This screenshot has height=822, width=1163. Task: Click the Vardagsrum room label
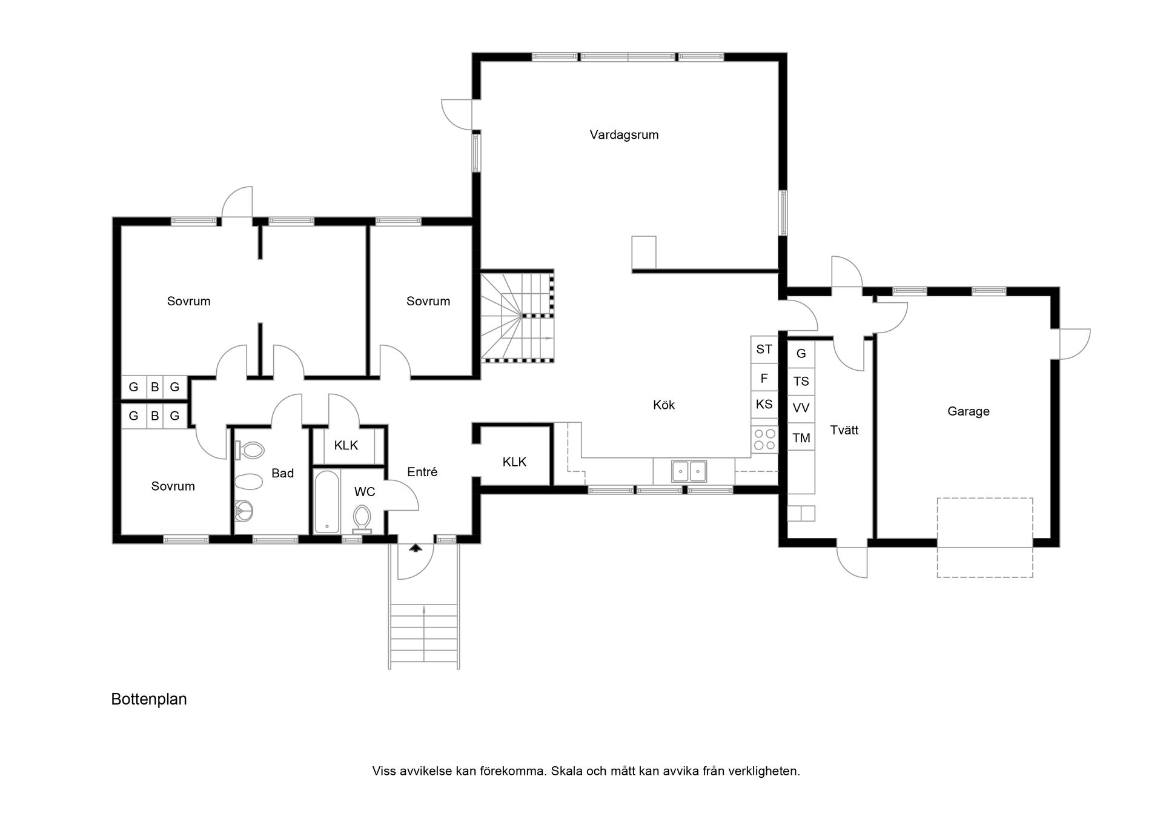point(624,135)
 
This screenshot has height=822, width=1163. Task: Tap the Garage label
point(968,411)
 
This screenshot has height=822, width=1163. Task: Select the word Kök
point(663,405)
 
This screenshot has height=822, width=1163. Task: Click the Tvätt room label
point(844,430)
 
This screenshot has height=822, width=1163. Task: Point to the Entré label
point(422,472)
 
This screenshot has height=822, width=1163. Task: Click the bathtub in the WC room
point(326,502)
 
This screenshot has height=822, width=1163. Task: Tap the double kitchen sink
point(689,471)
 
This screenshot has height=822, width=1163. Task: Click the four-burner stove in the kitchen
point(764,439)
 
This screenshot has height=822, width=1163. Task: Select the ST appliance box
point(764,350)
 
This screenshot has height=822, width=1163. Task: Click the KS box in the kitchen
point(764,404)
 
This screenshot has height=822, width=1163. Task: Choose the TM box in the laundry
point(801,437)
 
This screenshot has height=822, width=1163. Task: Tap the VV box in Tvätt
point(801,408)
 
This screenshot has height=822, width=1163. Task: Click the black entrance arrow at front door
point(416,548)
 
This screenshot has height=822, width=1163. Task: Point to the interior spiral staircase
point(517,317)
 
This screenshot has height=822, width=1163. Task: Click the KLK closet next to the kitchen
point(514,462)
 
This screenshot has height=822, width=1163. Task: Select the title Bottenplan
point(149,699)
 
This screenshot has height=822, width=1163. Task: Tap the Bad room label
point(282,473)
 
